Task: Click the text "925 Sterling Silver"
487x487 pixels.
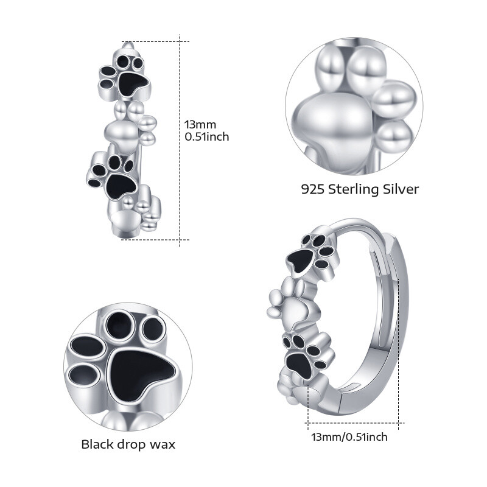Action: point(360,189)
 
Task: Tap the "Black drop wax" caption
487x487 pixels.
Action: point(128,444)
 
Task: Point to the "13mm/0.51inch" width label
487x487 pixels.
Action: point(349,436)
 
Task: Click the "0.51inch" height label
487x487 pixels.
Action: point(207,137)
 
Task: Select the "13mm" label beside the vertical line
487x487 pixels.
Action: point(198,124)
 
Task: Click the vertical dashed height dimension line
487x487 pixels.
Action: point(180,140)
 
